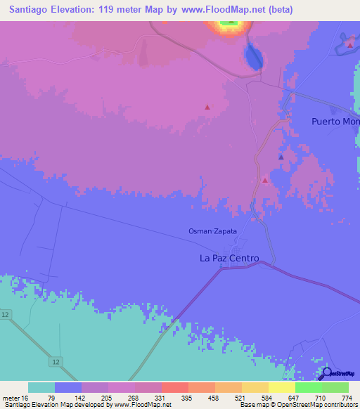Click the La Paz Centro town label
[x=229, y=259]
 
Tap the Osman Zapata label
[x=212, y=231]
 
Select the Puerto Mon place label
[x=335, y=122]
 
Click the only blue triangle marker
[x=281, y=157]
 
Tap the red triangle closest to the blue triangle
[x=265, y=181]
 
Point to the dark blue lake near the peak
[x=252, y=56]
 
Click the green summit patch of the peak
[x=229, y=23]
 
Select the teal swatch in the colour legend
[x=41, y=387]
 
